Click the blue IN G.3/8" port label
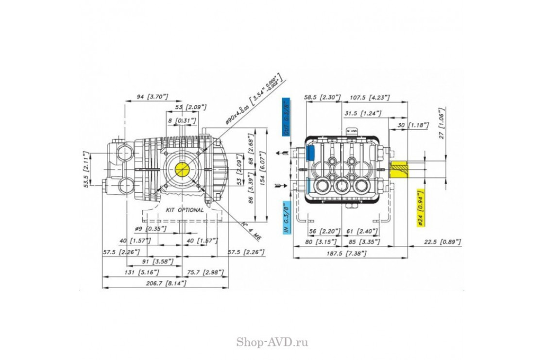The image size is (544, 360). point(287,217)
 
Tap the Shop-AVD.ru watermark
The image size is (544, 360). point(272,342)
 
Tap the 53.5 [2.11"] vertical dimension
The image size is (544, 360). point(86,168)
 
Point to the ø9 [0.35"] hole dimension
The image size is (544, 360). point(151,228)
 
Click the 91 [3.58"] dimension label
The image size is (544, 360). point(160,261)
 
